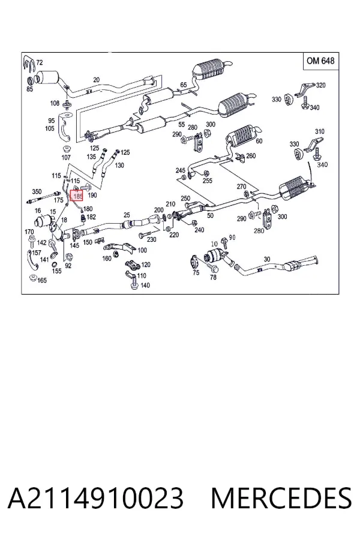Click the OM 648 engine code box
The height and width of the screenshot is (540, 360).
320,61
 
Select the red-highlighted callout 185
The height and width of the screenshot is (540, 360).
76,196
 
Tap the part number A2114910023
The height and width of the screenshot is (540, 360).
95,498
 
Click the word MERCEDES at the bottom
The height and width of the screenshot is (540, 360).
281,498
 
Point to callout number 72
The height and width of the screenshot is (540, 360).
39,62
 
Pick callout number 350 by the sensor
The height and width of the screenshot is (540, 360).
37,191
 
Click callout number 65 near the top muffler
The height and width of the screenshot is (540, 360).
183,85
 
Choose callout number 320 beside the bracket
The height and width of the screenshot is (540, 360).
320,85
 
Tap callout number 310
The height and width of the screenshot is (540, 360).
319,131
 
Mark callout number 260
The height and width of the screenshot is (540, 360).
251,155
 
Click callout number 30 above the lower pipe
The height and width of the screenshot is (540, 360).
267,259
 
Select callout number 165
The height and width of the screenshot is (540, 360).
41,280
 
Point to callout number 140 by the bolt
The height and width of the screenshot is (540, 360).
145,285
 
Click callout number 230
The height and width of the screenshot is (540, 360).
151,239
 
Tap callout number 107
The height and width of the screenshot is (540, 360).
66,157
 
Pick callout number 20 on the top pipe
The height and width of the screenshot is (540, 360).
96,80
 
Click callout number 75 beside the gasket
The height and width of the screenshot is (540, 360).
196,273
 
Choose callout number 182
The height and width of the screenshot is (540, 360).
91,217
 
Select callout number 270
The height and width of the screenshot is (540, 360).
241,187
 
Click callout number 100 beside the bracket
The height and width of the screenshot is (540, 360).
142,250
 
